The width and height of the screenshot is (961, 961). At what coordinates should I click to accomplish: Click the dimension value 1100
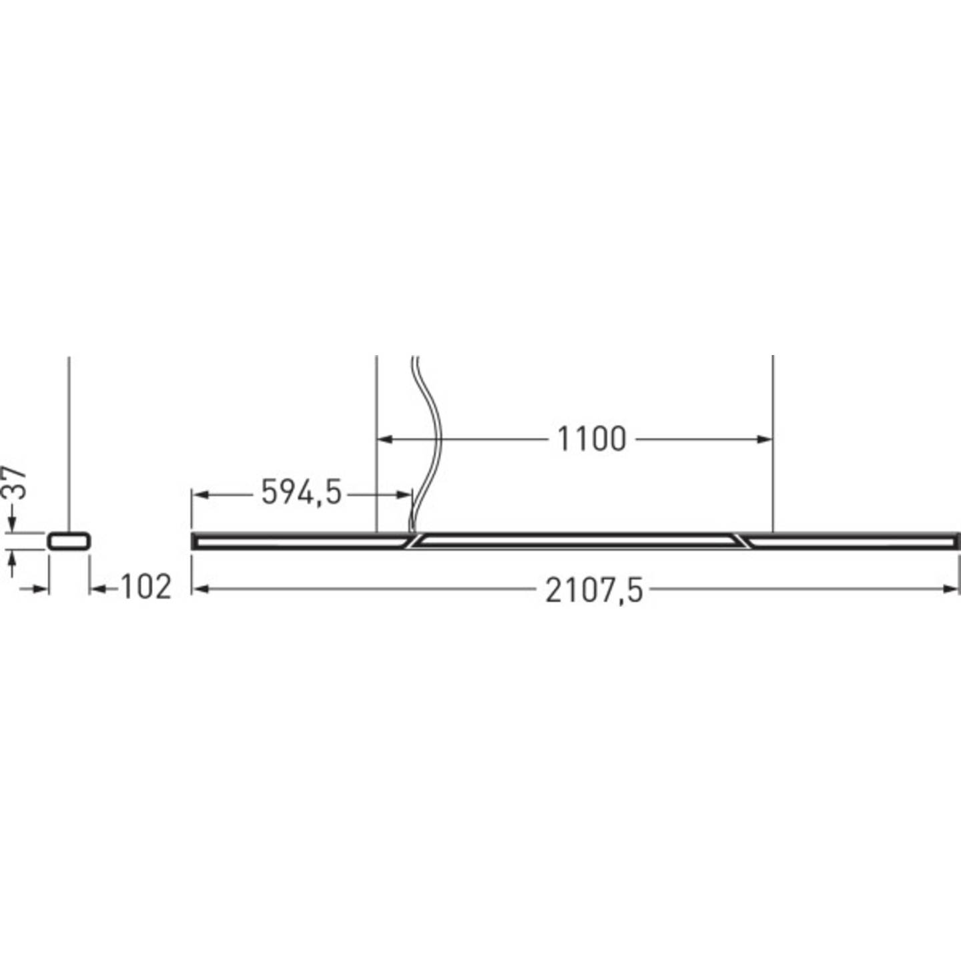click(591, 439)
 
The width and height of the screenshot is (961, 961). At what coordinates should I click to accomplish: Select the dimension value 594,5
click(301, 493)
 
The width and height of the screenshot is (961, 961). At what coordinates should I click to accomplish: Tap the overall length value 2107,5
click(594, 590)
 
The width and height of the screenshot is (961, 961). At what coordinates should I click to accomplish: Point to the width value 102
click(145, 587)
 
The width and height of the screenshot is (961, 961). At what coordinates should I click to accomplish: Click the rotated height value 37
click(16, 482)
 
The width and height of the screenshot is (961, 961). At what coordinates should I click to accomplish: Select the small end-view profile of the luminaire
click(69, 541)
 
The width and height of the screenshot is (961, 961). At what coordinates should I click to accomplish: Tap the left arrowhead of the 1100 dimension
click(384, 439)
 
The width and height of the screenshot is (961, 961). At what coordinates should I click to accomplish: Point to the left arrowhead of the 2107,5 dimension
click(199, 589)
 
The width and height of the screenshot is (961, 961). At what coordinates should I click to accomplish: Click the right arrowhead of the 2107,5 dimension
click(952, 589)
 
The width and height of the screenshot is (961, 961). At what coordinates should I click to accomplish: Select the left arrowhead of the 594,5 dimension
click(200, 495)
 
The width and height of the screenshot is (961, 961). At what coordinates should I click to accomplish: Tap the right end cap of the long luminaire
click(956, 541)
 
